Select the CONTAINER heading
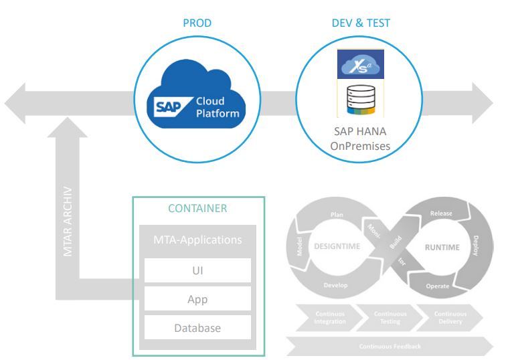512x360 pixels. (199, 209)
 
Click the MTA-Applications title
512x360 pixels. (199, 238)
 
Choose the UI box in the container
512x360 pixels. (199, 270)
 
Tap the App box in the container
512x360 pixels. (199, 299)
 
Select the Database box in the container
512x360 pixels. (199, 328)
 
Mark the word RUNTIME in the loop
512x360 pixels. (442, 247)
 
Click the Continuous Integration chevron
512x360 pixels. (323, 317)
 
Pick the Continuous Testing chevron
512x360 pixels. (385, 317)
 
